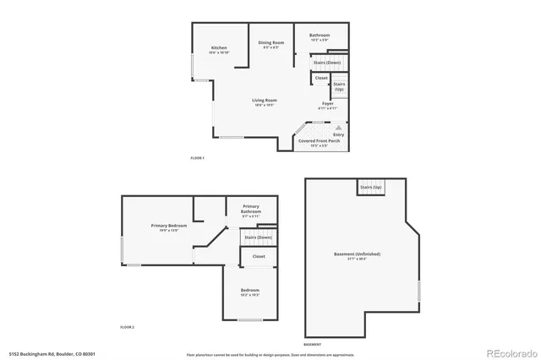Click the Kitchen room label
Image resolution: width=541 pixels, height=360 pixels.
[x=219, y=48]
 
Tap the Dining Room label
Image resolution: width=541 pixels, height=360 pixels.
[x=270, y=42]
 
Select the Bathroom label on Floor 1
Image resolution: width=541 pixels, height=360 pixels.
[x=318, y=35]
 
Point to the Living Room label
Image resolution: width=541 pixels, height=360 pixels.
[x=265, y=101]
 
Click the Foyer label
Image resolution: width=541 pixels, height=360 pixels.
[x=327, y=104]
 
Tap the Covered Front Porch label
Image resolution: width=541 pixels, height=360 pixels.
[x=320, y=141]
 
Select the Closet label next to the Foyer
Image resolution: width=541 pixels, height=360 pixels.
[x=321, y=79]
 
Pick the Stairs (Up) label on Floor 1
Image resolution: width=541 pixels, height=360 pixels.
[x=338, y=86]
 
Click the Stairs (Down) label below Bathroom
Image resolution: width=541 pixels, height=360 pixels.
[x=327, y=63]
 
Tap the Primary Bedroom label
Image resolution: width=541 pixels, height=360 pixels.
[x=169, y=226]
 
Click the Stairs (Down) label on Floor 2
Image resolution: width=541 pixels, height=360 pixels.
[x=258, y=237]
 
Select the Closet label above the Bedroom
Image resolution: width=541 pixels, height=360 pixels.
[x=259, y=256]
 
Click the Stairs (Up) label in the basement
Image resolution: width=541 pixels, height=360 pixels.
[x=371, y=187]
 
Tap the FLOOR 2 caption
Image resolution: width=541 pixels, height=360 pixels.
[x=127, y=326]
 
